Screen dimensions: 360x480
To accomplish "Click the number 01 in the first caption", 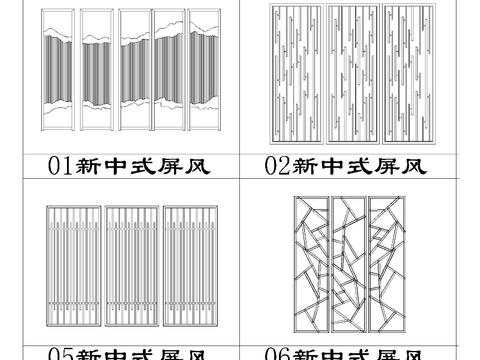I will tap(60, 166).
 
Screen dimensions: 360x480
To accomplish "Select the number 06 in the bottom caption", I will tap(278, 353).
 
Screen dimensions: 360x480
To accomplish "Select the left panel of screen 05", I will tap(73, 265).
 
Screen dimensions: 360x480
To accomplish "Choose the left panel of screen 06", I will tap(310, 264).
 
